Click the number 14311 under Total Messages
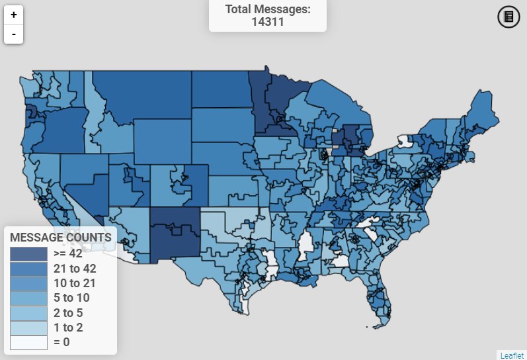267,21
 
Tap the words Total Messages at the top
267,9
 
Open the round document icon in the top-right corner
508,17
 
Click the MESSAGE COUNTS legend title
60,237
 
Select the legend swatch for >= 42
28,253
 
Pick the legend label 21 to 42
75,269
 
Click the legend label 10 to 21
75,283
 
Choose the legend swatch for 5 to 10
28,298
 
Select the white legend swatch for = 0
28,342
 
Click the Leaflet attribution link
512,355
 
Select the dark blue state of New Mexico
175,235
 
